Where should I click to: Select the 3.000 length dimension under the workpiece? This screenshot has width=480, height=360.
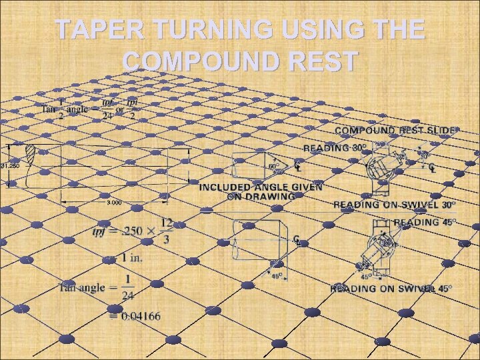[x=115, y=201]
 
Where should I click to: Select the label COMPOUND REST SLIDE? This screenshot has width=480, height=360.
[x=396, y=131]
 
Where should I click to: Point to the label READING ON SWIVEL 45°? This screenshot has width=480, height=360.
[x=391, y=289]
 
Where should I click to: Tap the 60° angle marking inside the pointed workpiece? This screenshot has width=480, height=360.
[x=273, y=166]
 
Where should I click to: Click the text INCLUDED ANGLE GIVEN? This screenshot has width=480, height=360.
[x=261, y=187]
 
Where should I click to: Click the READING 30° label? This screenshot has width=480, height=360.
[x=335, y=147]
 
